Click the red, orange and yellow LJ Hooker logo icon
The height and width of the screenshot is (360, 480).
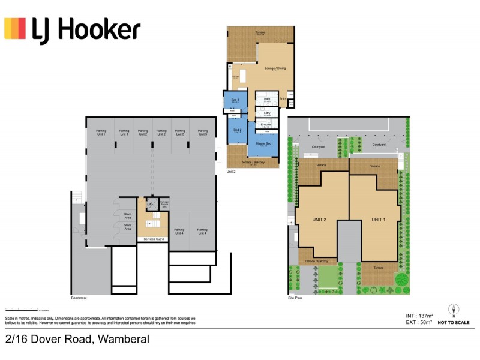pos(15,28)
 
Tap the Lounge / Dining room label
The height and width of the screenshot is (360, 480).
pos(275,68)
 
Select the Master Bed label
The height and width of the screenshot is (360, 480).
pos(263,144)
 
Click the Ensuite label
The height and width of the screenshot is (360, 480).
pos(266,124)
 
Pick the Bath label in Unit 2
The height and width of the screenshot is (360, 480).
pos(268,99)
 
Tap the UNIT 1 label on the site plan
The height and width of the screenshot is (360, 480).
pos(377,220)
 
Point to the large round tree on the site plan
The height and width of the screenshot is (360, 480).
pos(401,280)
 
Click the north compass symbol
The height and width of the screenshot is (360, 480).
pos(454,311)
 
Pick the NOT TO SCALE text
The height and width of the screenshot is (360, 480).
pos(454,323)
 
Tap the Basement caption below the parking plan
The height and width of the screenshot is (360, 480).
pos(79,298)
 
